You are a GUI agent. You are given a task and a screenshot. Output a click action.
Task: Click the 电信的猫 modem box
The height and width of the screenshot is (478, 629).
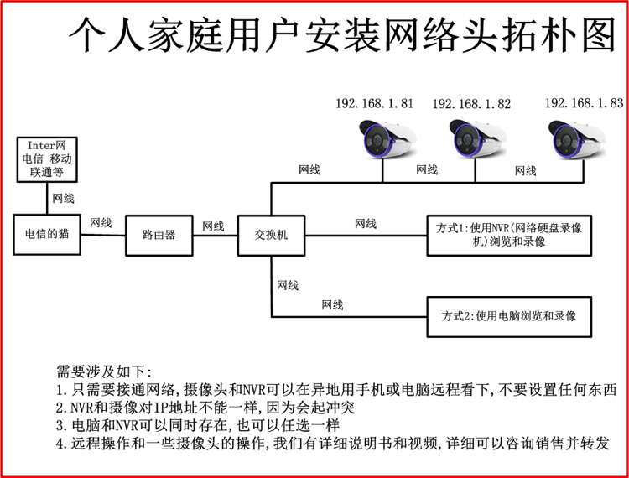[x=47, y=235]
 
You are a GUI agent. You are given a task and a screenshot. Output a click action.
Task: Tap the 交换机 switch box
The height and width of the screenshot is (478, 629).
[x=270, y=235]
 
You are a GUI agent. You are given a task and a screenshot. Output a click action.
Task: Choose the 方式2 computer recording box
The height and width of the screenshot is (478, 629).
[x=509, y=317]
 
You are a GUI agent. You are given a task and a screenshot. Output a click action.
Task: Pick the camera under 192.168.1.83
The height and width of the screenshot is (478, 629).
[x=574, y=138]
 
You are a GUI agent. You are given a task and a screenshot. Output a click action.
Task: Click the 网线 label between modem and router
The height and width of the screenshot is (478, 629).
[x=101, y=223]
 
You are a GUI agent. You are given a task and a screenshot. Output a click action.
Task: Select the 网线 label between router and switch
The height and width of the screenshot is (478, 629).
[x=213, y=226]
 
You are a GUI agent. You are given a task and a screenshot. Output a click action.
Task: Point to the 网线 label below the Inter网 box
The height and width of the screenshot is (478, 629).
[x=63, y=199]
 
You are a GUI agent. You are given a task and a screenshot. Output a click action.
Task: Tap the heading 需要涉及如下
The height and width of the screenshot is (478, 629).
[x=105, y=371]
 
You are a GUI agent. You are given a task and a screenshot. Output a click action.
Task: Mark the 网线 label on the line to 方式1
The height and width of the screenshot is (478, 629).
[x=366, y=223]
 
